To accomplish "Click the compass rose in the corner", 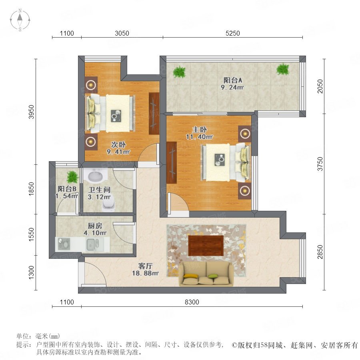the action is [20, 20].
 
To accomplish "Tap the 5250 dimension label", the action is [232, 33].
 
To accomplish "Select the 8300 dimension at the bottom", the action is [192, 302].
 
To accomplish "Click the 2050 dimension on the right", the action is [320, 86].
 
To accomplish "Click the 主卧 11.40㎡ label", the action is [200, 133].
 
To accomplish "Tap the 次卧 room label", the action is [118, 145].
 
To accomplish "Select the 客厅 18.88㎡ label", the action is [146, 270].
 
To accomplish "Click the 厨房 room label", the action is [95, 226].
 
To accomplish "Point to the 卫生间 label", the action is [100, 190].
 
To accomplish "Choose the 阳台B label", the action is [67, 189].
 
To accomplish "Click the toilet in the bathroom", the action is [109, 204].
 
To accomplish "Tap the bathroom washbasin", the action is [95, 176].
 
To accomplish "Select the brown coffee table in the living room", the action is [206, 246].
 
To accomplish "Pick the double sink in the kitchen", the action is [92, 244].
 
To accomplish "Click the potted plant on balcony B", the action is [72, 177].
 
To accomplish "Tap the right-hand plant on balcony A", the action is [283, 69].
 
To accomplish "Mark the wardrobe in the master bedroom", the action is [172, 162].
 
